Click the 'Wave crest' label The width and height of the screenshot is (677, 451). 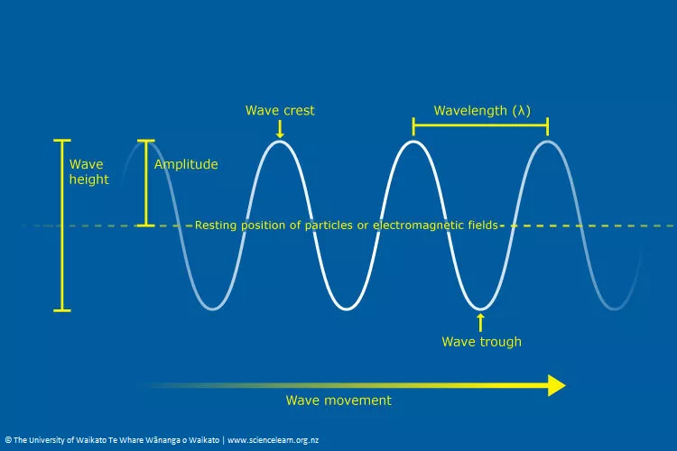pos(280,110)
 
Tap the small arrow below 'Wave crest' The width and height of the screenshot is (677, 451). pos(280,129)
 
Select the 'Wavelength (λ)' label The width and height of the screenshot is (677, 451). pos(482,111)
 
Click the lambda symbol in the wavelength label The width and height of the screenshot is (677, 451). pos(521,111)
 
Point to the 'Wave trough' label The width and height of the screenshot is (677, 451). pos(481,342)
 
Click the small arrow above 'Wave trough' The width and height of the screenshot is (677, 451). pos(480,322)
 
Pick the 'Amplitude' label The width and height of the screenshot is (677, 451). pos(186,164)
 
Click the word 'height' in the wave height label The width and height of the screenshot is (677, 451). pos(89,179)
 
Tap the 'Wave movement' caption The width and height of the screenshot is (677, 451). pos(338,400)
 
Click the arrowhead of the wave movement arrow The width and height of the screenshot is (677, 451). pos(557,385)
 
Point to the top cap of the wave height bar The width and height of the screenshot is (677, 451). pos(61,141)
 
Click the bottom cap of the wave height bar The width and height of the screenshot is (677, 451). pos(61,310)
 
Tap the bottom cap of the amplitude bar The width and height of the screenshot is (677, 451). pos(146,225)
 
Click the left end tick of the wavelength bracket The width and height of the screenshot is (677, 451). pos(413,126)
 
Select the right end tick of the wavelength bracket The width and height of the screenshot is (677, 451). pos(548,126)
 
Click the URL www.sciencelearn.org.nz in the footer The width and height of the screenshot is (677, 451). pos(273,440)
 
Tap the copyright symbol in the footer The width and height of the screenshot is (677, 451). pos(8,440)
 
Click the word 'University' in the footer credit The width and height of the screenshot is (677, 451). pos(46,440)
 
